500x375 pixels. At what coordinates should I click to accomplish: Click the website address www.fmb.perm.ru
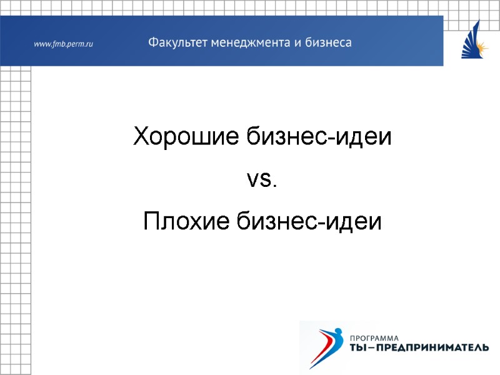62,44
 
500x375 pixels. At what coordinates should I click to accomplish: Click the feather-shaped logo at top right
474,41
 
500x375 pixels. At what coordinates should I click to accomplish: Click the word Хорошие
176,137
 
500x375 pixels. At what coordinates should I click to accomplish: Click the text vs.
261,180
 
